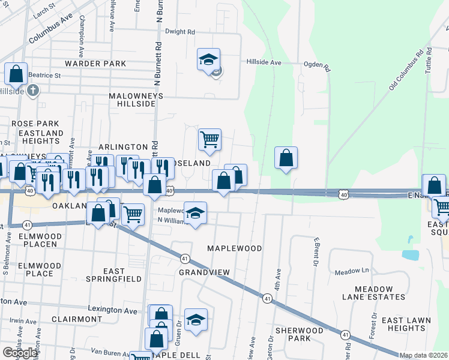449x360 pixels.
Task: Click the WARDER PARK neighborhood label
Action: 96,64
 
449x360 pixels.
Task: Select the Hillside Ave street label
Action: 264,62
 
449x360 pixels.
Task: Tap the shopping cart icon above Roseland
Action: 209,139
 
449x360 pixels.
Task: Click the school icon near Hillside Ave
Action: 209,60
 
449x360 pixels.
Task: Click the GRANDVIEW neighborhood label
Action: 205,272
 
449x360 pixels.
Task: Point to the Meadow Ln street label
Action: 351,272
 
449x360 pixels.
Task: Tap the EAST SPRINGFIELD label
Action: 113,275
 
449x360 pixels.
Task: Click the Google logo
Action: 20,353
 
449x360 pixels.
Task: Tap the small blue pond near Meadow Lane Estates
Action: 411,254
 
